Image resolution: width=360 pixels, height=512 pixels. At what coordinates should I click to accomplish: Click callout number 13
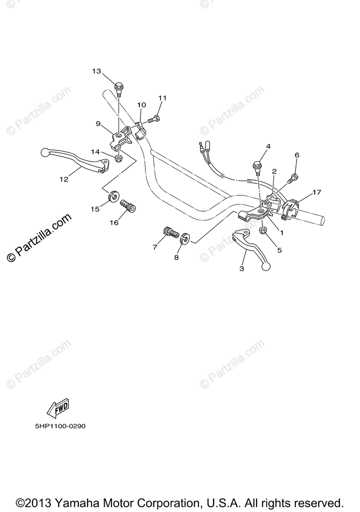[x=97, y=71]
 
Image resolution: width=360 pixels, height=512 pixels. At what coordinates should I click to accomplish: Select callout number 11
[x=162, y=98]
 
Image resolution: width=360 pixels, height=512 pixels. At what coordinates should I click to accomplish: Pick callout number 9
[x=98, y=124]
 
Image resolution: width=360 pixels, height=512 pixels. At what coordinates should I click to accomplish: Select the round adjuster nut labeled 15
[x=113, y=197]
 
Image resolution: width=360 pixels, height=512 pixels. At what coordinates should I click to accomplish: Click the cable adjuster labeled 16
[x=128, y=206]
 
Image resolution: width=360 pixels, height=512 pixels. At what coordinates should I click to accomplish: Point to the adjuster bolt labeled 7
[x=170, y=233]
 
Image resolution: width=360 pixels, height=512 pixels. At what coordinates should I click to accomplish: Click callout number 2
[x=274, y=171]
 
